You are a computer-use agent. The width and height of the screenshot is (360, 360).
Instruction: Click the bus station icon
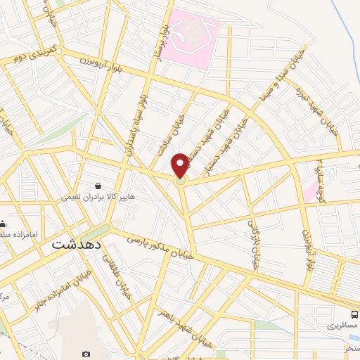(x=354, y=315)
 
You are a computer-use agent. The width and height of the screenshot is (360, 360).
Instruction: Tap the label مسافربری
(x=342, y=327)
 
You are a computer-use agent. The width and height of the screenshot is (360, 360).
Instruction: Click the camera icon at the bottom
(x=86, y=354)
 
